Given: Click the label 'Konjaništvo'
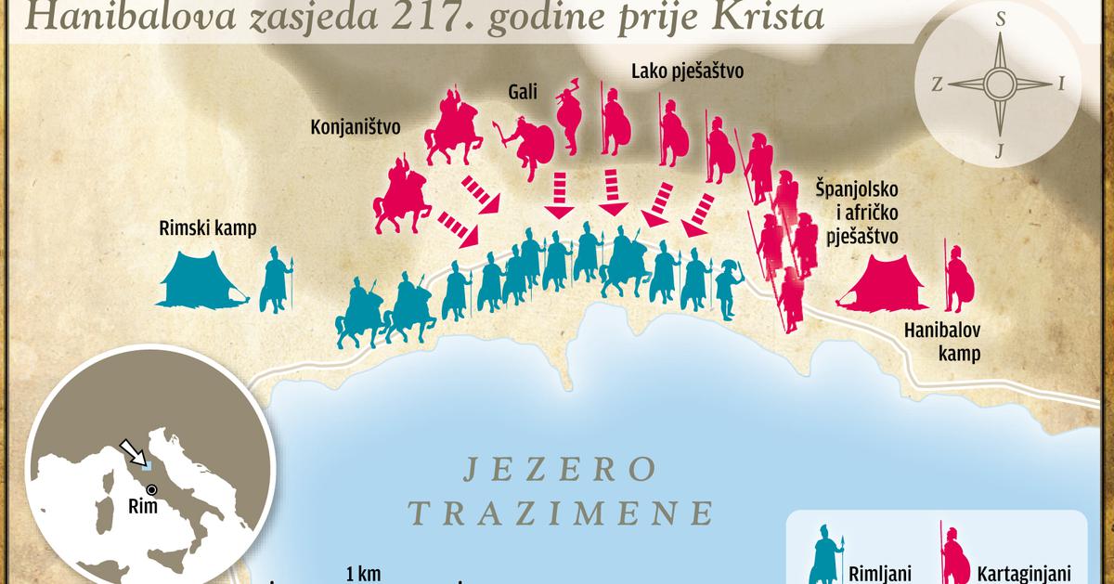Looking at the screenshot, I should click(355, 127).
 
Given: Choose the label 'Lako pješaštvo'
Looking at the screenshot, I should click(688, 71).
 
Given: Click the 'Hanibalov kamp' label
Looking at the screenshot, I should click(943, 342).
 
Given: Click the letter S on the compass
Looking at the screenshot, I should click(1001, 19).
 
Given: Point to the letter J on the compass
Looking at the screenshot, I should click(999, 151).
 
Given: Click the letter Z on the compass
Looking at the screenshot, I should click(938, 84).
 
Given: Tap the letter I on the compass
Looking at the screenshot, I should click(1061, 84).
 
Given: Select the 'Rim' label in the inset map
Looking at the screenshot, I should click(145, 507).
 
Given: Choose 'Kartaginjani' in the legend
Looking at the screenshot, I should click(1016, 572).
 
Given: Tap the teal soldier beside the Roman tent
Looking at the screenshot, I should click(276, 279).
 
